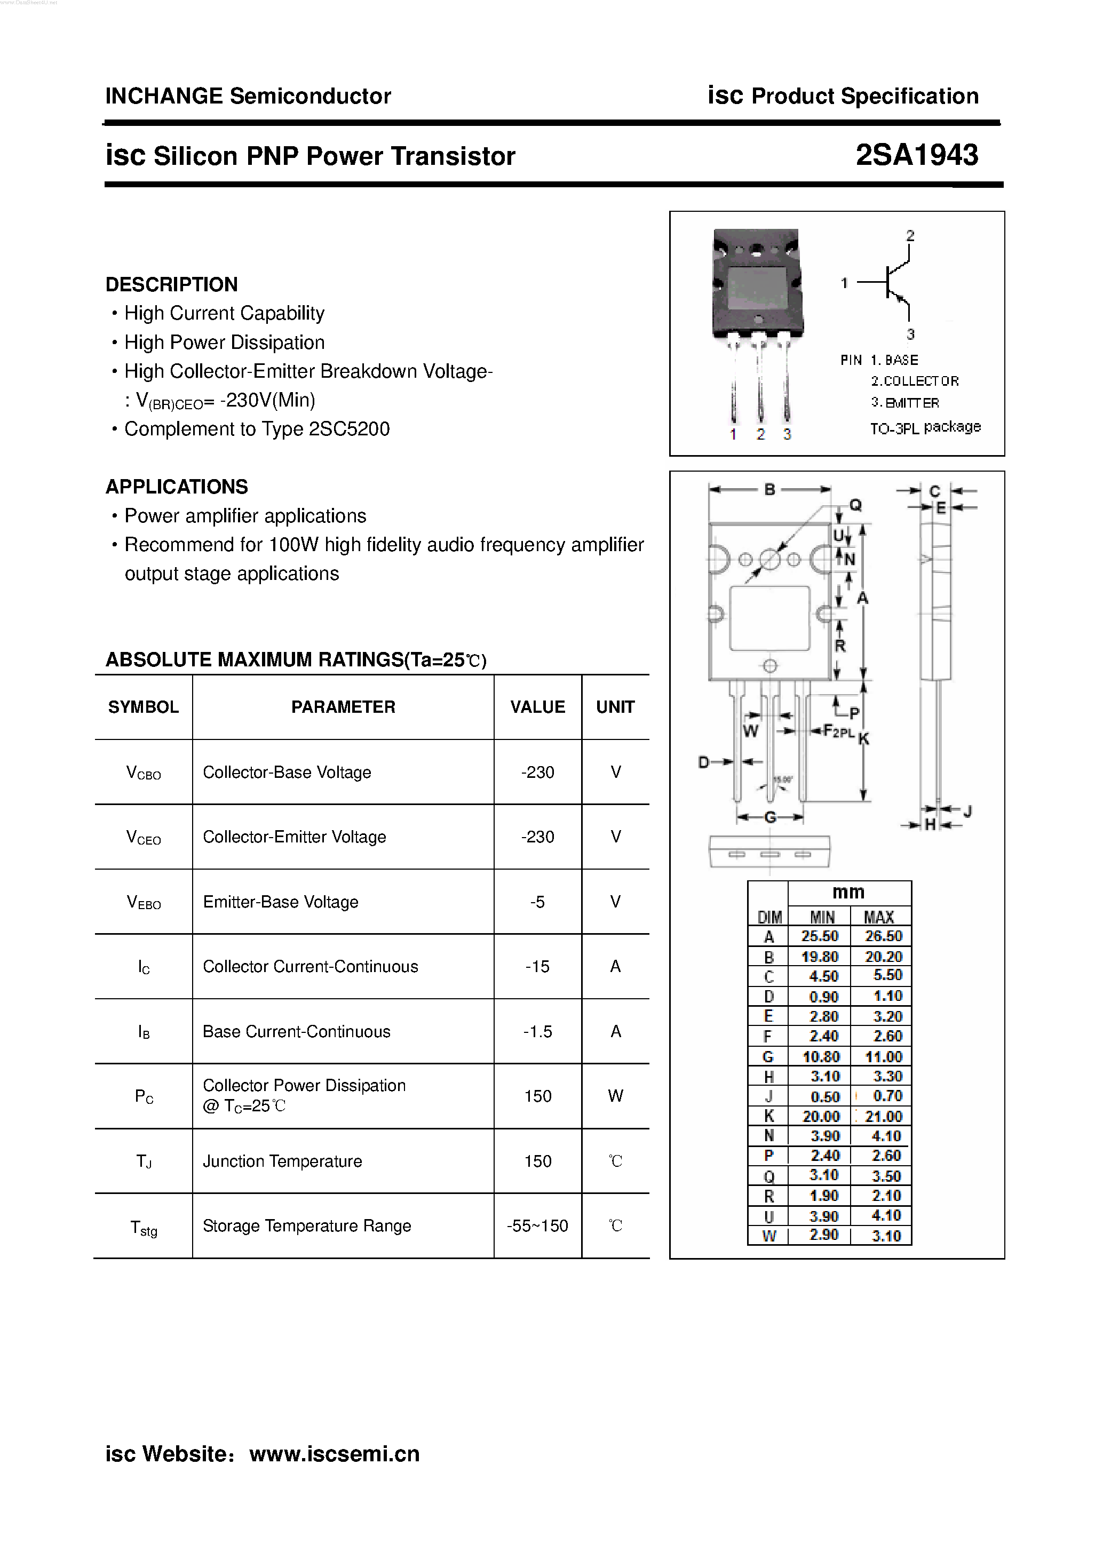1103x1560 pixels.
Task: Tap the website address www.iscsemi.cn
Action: (335, 1454)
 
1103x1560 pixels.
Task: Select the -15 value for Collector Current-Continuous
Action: (537, 966)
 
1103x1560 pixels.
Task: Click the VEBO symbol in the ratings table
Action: (144, 902)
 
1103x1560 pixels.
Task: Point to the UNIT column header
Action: (615, 707)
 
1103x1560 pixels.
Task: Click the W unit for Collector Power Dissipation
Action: (615, 1096)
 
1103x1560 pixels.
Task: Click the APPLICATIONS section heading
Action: (177, 487)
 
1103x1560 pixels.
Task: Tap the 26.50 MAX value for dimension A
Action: (883, 936)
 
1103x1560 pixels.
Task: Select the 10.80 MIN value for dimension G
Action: (821, 1057)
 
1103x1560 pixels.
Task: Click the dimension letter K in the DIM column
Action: (768, 1116)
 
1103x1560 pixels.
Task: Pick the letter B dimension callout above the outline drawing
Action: (769, 489)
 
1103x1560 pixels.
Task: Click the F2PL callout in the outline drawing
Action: (838, 731)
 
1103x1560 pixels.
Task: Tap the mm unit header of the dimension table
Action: (848, 892)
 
